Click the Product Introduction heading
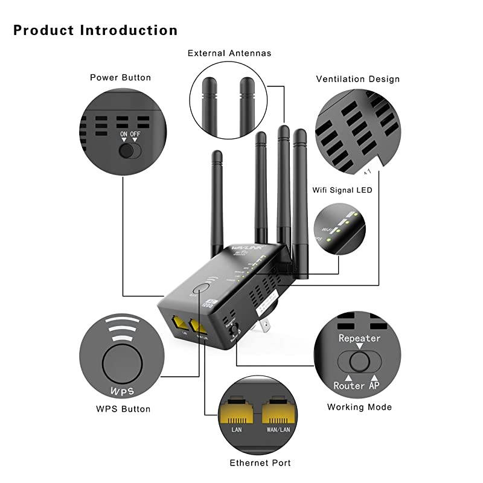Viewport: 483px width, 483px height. click(x=95, y=30)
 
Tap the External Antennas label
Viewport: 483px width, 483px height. click(x=229, y=53)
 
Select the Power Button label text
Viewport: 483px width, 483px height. click(x=120, y=77)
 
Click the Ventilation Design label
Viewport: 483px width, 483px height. click(x=358, y=79)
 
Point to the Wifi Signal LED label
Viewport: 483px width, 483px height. click(x=342, y=190)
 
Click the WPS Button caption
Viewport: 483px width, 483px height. click(x=123, y=409)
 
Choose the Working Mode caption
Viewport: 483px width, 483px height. click(x=359, y=407)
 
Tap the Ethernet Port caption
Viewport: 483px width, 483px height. click(x=260, y=463)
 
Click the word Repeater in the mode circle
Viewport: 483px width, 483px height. click(x=359, y=338)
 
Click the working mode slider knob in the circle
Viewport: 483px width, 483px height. click(x=360, y=362)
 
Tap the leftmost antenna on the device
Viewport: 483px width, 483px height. click(x=217, y=199)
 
